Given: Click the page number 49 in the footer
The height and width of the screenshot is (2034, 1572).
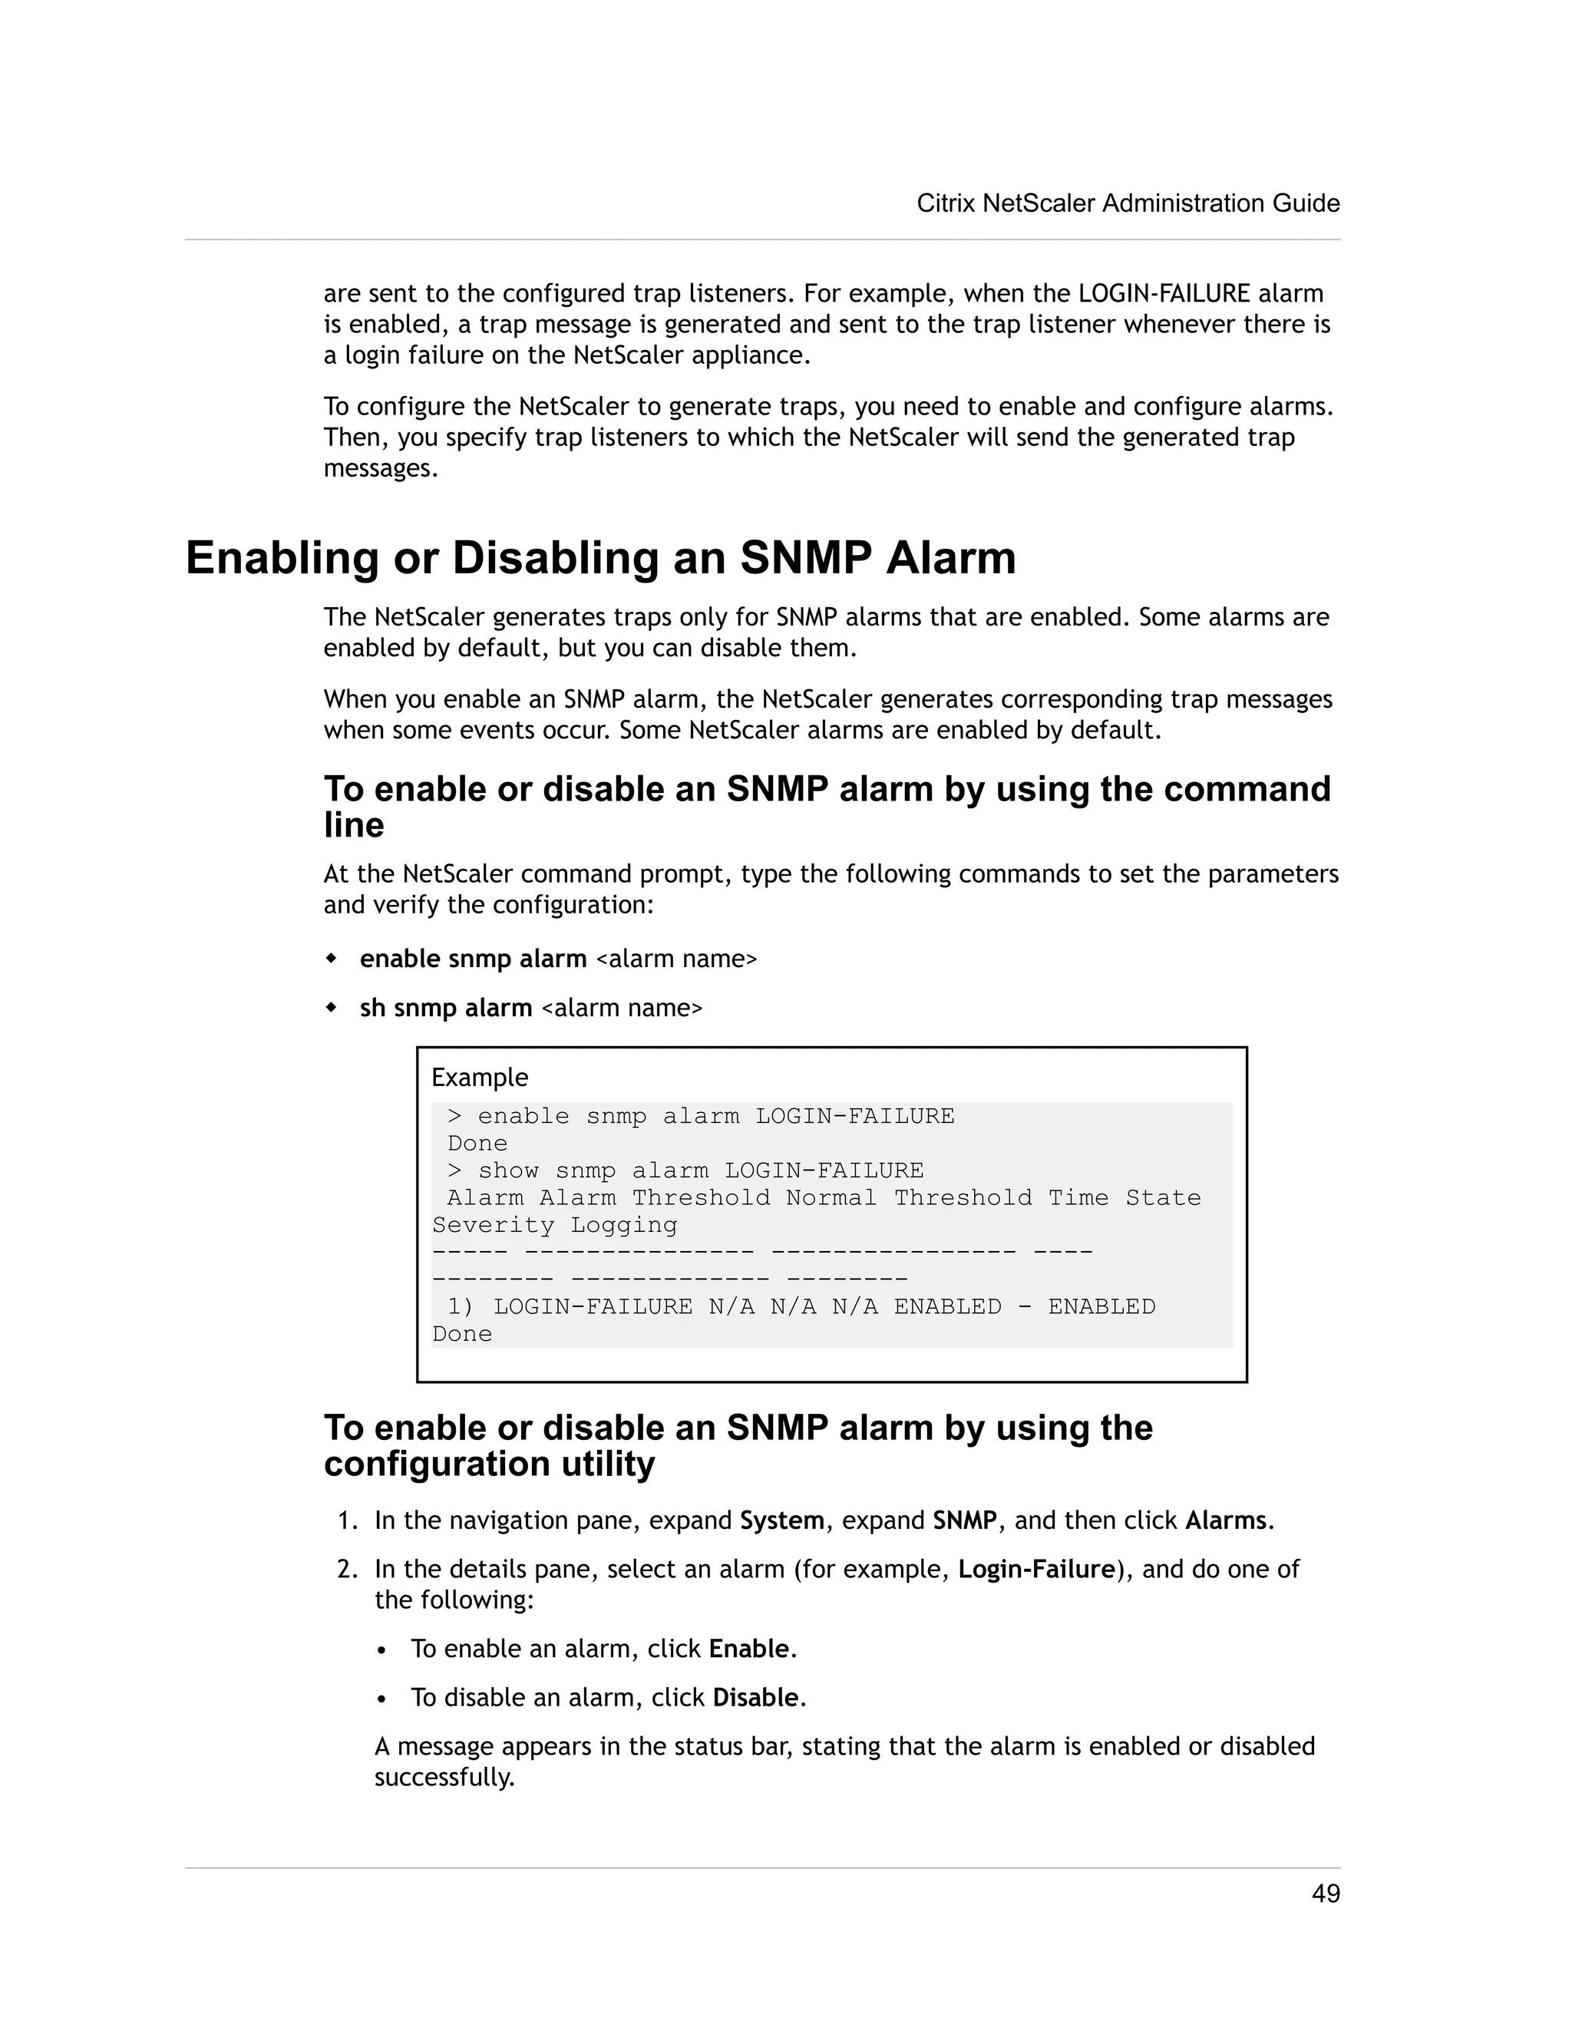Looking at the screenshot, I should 1325,1894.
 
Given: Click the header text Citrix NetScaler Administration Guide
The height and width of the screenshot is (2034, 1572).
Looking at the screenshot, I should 1128,203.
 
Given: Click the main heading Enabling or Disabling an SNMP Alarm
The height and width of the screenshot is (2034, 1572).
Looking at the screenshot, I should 601,559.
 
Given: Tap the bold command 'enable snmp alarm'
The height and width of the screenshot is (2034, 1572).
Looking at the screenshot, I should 473,959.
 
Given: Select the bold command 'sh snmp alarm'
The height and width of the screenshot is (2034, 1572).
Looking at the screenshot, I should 445,1008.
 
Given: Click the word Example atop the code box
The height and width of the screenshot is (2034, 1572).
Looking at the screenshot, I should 480,1078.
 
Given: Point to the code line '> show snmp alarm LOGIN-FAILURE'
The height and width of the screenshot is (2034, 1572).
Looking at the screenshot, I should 685,1171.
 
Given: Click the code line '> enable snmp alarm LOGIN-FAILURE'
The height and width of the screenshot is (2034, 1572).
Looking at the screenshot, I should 700,1116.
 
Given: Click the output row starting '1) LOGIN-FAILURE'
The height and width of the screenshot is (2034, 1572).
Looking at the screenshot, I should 801,1306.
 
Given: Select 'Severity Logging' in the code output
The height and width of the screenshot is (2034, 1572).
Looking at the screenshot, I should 554,1226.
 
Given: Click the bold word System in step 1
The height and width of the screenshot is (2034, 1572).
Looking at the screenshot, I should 781,1521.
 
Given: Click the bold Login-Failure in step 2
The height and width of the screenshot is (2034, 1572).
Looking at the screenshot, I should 1036,1570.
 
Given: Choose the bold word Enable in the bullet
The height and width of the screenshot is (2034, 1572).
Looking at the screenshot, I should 748,1649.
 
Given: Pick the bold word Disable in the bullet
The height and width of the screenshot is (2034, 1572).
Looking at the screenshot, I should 755,1698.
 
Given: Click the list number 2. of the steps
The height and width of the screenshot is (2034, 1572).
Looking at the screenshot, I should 348,1570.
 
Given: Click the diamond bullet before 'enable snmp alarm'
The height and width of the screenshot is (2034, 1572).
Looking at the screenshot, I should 331,959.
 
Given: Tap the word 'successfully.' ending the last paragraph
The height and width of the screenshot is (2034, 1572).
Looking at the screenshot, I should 444,1777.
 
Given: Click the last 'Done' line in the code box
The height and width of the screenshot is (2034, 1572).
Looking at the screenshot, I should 462,1334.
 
